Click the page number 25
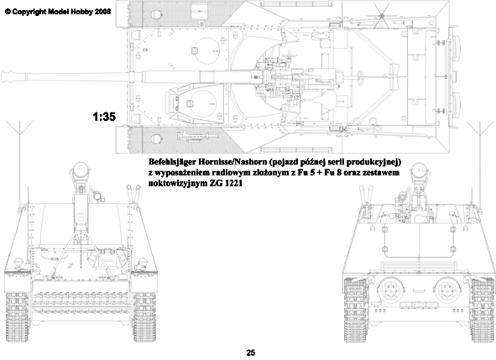coord(251,352)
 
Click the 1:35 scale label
coord(104,117)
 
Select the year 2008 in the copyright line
coord(102,12)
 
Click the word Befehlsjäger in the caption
coord(172,162)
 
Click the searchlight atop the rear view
coord(419,170)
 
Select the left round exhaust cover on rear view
coord(390,290)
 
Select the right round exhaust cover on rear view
coord(446,290)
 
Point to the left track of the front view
coord(18,316)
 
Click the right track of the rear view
coord(482,310)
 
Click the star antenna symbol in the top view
coord(382,15)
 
